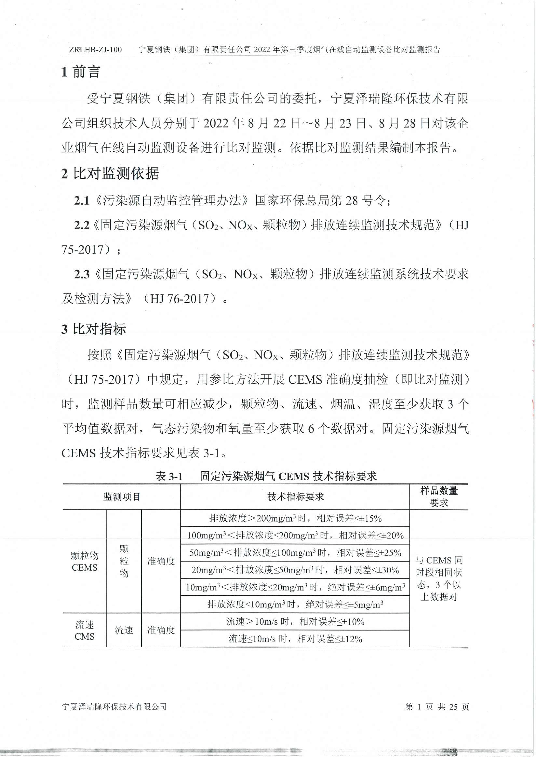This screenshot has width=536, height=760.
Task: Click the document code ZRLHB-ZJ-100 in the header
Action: (95, 50)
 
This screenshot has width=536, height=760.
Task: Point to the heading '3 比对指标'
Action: (94, 329)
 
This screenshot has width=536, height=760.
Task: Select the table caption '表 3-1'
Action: (169, 476)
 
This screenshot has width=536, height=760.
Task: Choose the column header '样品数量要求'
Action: (439, 496)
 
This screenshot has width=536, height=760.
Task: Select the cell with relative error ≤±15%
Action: (295, 518)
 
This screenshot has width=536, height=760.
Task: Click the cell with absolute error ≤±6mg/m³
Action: (295, 588)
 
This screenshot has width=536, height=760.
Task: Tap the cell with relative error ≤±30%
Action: (295, 570)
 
